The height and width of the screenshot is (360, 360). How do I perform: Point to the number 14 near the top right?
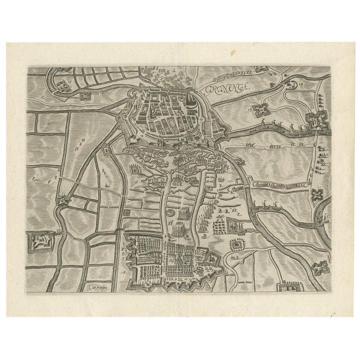point(301,83)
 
